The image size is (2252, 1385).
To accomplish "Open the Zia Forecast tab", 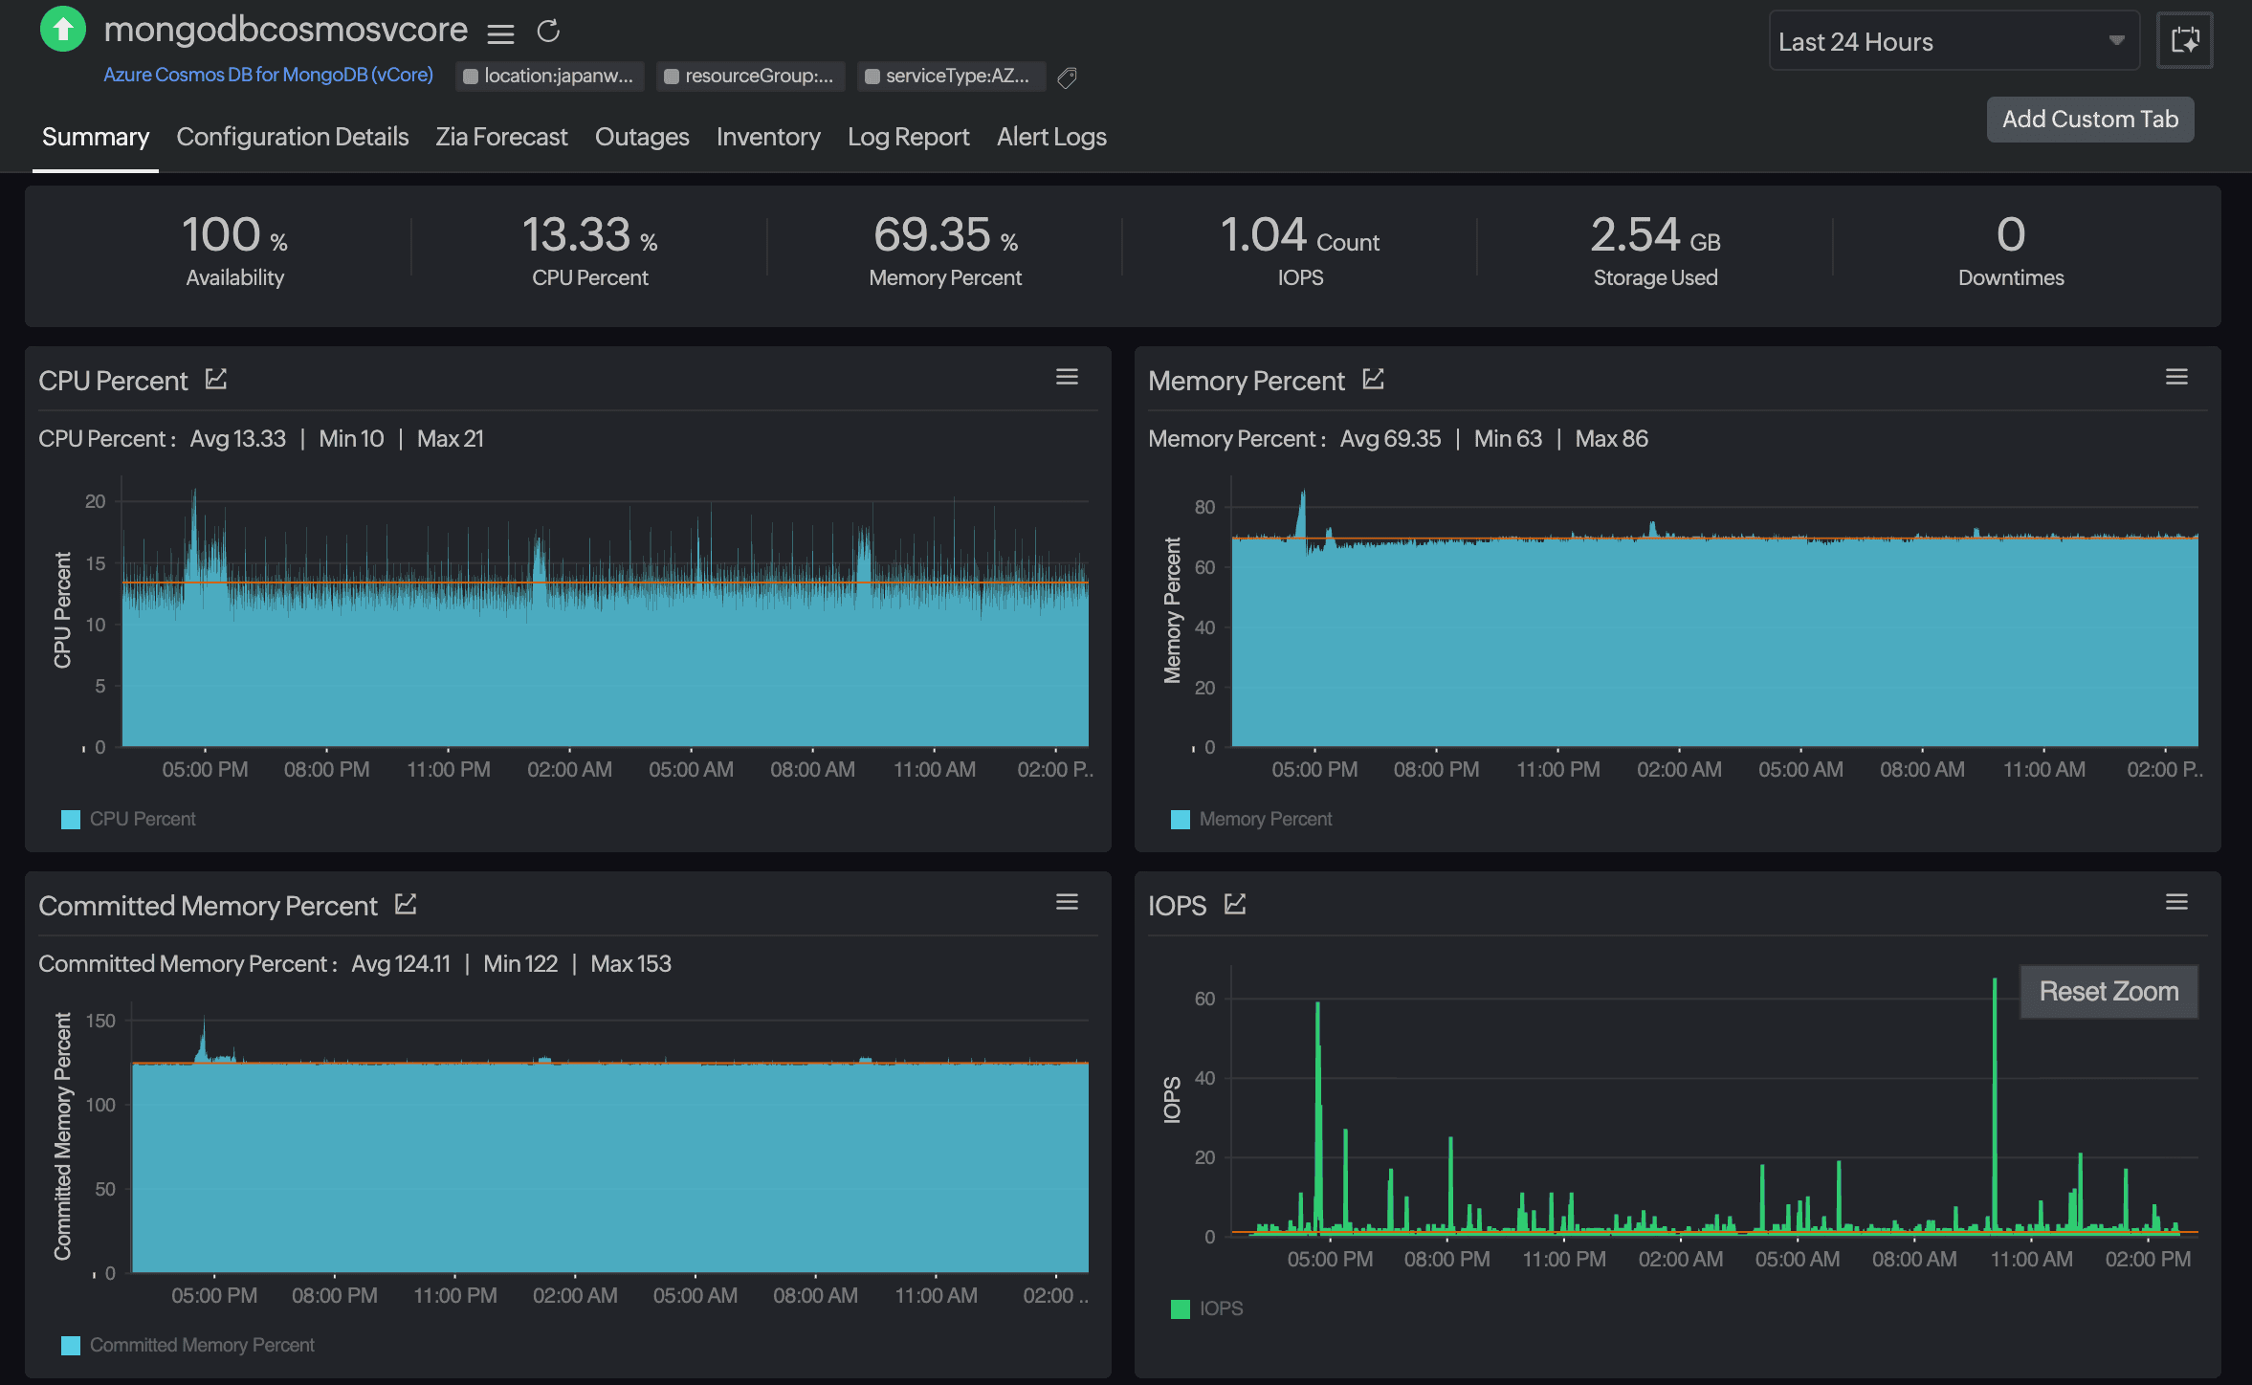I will (501, 137).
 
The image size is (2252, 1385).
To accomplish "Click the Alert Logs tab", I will (1051, 137).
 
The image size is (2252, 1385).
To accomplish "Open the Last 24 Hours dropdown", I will (1952, 41).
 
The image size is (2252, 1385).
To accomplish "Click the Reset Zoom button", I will (2108, 991).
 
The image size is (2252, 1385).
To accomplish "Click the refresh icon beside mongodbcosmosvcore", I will (548, 32).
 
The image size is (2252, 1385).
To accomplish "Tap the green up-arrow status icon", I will (63, 29).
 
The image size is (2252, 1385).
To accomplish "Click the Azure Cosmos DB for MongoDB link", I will (268, 75).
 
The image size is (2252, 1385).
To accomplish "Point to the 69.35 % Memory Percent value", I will (944, 235).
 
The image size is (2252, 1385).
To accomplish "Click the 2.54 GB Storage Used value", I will (1654, 235).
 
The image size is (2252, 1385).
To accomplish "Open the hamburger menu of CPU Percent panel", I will (1067, 377).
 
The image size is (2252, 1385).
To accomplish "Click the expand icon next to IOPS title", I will (1235, 904).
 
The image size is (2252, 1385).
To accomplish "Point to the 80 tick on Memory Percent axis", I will (1204, 507).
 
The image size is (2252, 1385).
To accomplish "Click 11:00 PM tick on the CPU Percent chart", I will (448, 769).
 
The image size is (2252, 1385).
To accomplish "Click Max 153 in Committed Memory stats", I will (630, 963).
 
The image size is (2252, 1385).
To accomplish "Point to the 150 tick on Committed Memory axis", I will (100, 1021).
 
